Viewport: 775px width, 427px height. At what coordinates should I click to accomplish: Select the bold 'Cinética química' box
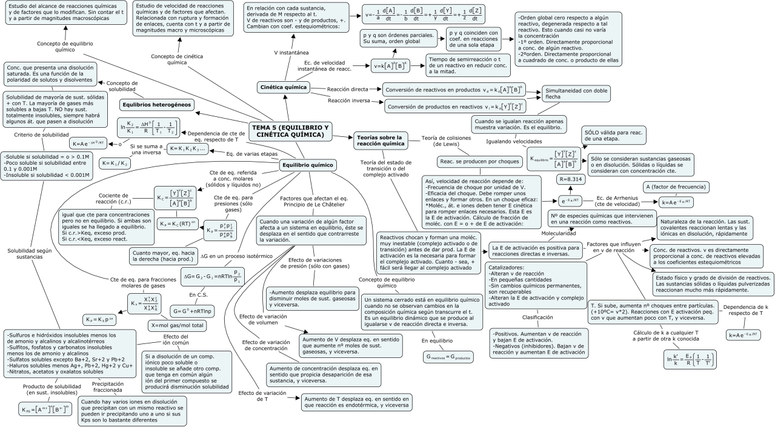click(282, 87)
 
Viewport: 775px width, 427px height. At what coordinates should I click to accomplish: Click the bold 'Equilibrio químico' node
click(308, 164)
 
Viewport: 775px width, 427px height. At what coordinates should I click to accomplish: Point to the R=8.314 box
click(572, 179)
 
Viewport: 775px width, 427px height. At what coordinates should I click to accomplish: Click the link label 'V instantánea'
click(292, 53)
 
